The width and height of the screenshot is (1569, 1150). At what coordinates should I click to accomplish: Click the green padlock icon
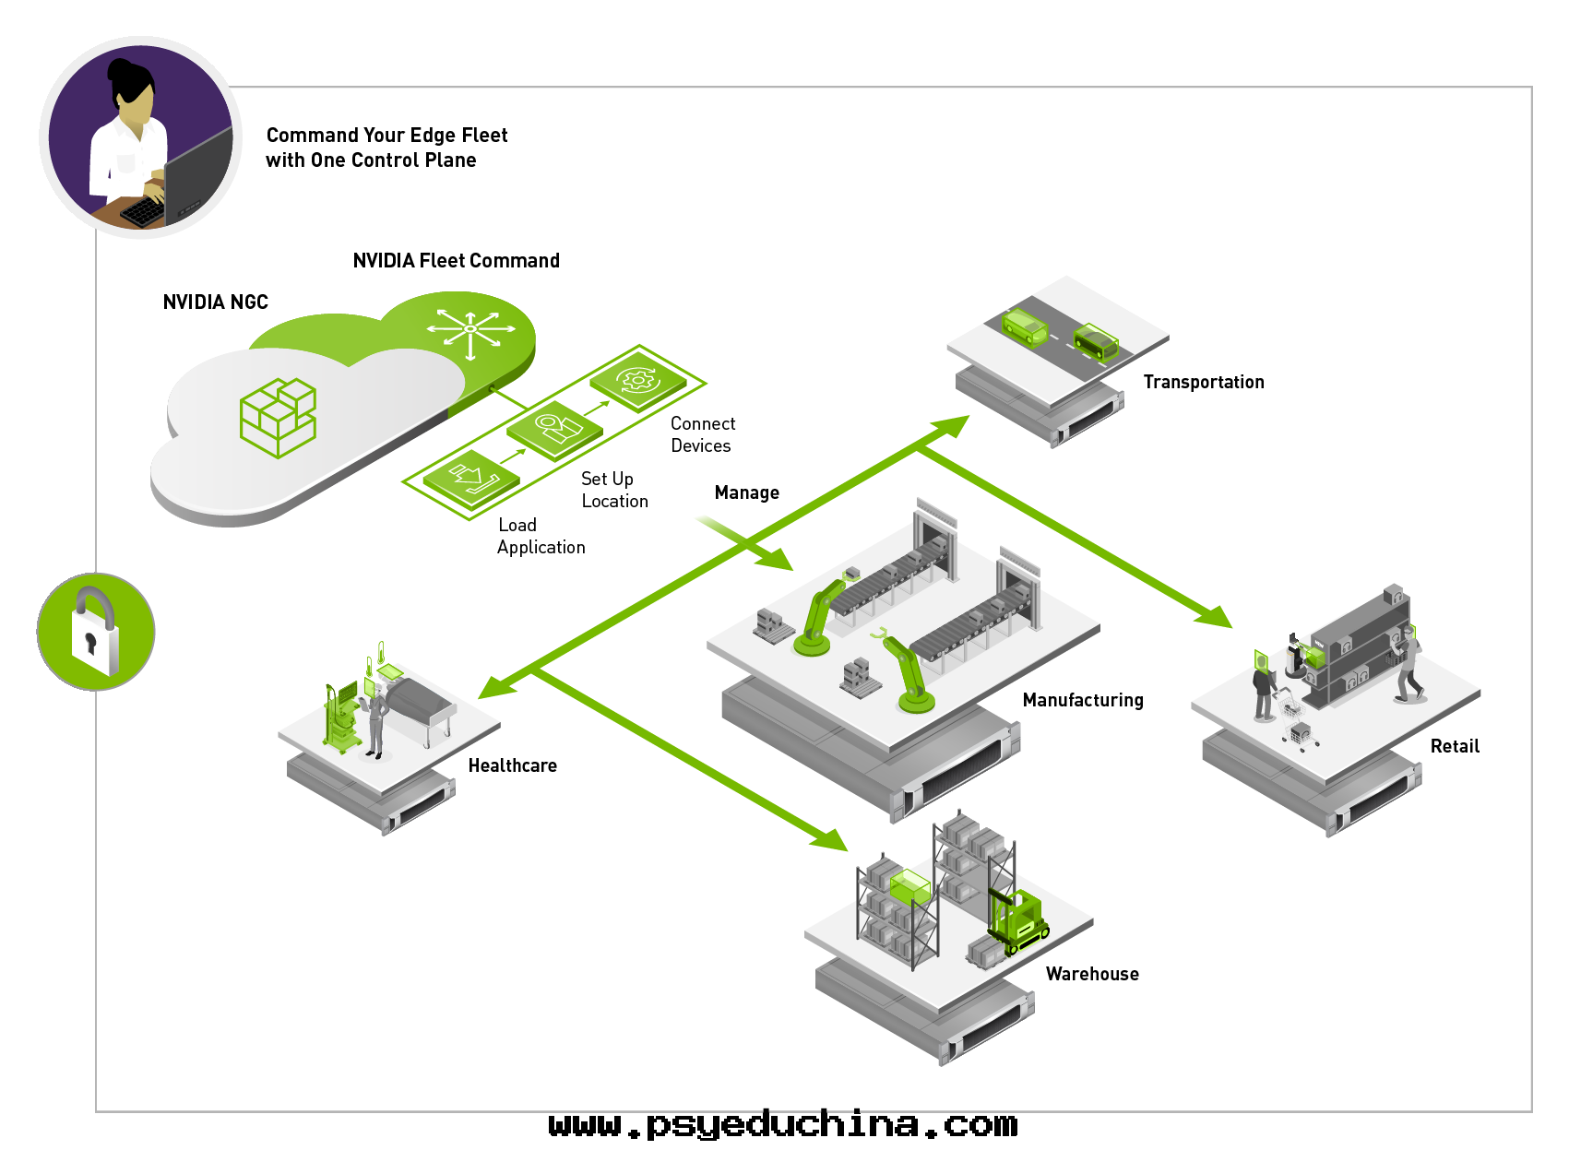click(x=96, y=632)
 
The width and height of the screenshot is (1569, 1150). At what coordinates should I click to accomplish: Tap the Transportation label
click(x=1203, y=382)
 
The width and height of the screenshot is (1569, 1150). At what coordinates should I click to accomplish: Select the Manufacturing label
click(x=1082, y=700)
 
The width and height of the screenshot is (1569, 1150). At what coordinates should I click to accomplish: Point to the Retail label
click(x=1454, y=746)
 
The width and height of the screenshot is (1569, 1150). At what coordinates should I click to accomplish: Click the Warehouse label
click(x=1091, y=974)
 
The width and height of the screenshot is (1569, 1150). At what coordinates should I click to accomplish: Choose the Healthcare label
click(x=512, y=765)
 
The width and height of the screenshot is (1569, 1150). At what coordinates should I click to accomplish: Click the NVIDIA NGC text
click(x=215, y=302)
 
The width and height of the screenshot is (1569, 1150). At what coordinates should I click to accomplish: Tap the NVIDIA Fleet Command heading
click(x=456, y=261)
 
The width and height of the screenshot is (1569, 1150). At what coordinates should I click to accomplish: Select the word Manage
click(x=746, y=492)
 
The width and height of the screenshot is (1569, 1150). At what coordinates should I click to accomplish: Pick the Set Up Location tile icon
click(x=555, y=429)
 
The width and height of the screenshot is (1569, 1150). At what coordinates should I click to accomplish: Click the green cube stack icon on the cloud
click(x=278, y=417)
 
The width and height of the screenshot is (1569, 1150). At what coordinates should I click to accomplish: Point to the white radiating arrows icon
click(x=470, y=329)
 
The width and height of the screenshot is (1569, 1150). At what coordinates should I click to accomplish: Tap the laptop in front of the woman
click(x=197, y=179)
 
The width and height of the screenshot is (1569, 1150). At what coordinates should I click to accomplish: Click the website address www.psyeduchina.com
click(x=783, y=1124)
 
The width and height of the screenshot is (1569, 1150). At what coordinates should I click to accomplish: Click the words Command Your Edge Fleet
click(x=386, y=136)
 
